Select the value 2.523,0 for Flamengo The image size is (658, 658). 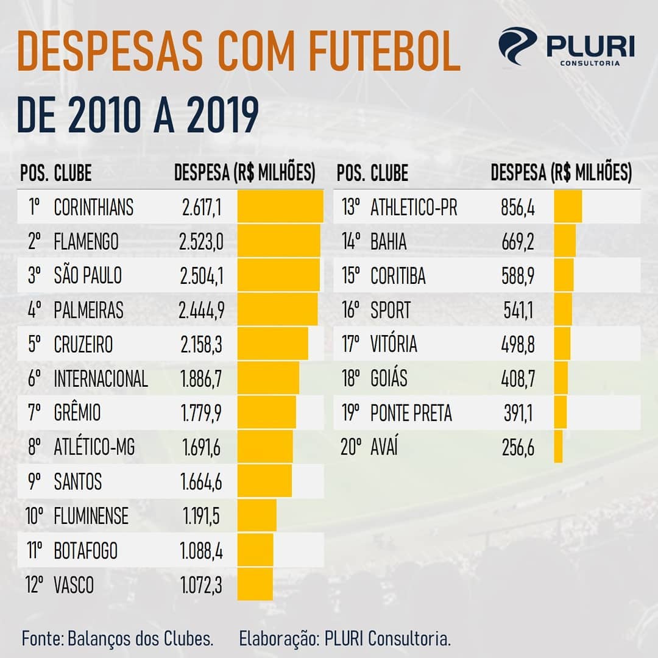click(x=201, y=242)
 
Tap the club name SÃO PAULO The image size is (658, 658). click(x=88, y=276)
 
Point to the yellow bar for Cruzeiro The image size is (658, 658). click(x=272, y=344)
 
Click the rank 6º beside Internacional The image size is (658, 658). click(x=34, y=379)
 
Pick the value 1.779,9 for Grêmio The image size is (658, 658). click(x=201, y=413)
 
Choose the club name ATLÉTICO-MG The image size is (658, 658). click(x=94, y=448)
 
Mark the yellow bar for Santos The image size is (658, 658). click(x=264, y=482)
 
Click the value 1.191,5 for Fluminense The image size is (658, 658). click(x=201, y=517)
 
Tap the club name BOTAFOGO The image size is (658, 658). click(x=86, y=551)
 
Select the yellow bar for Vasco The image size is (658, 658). click(x=255, y=585)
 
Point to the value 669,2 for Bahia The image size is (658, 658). click(x=517, y=242)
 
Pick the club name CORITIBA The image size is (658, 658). click(x=398, y=276)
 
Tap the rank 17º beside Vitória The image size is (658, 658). click(x=352, y=344)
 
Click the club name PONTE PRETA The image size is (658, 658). click(x=411, y=413)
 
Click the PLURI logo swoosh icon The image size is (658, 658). click(x=517, y=46)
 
